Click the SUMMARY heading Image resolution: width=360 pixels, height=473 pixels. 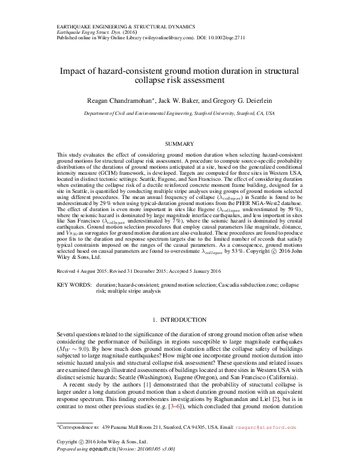coord(180,145)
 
